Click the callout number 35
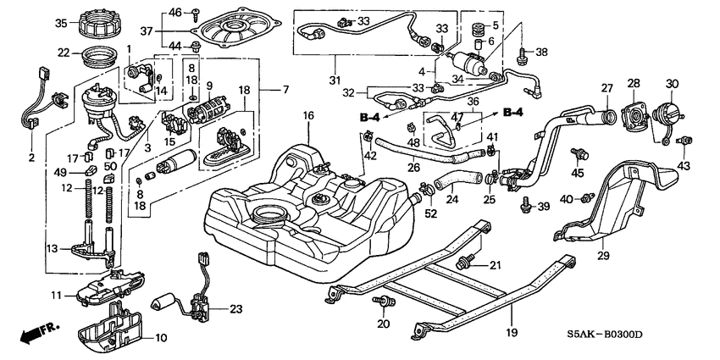[61, 22]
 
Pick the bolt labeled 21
[464, 263]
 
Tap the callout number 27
[606, 87]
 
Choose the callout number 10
[162, 338]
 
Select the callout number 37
[171, 30]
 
